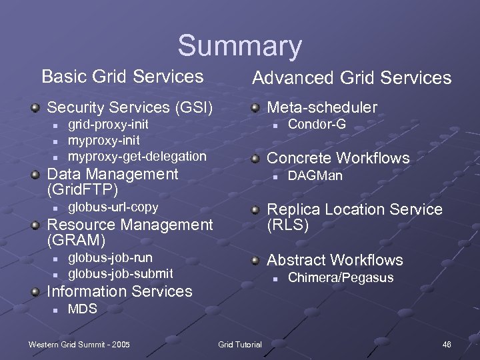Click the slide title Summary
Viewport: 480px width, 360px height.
pos(239,47)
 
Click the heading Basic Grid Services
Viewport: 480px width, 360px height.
pos(122,76)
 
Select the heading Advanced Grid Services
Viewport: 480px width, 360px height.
pos(351,78)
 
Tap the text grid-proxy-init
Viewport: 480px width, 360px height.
pos(108,125)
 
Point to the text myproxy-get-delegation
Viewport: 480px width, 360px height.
pos(137,156)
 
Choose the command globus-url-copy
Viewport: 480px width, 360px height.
pos(113,207)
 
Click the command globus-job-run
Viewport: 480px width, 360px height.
pos(110,257)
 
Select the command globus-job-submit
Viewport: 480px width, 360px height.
pos(121,273)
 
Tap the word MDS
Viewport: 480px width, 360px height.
pos(83,309)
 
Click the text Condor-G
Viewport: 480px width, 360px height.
pos(317,125)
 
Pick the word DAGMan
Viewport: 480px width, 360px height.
pos(315,176)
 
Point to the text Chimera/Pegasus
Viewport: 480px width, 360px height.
pos(341,277)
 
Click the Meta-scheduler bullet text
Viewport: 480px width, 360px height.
pos(322,107)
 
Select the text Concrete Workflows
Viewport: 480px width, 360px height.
pos(338,158)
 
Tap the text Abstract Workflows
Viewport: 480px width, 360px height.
pos(335,260)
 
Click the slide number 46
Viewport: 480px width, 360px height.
pos(447,344)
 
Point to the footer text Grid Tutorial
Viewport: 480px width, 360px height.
pos(240,344)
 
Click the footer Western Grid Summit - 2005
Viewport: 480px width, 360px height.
pos(79,344)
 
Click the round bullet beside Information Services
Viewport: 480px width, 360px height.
pos(35,291)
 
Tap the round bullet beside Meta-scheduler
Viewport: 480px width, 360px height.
pos(256,107)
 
